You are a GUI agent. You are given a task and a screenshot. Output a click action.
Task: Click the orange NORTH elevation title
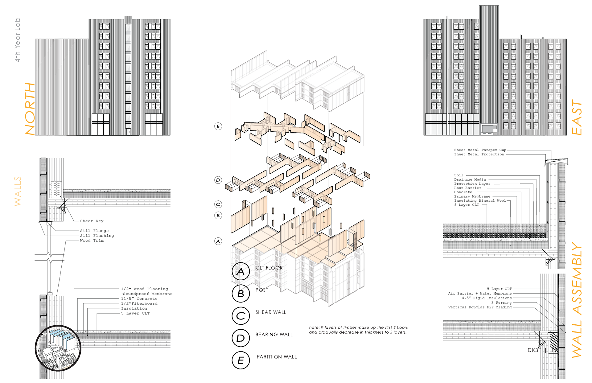(x=30, y=109)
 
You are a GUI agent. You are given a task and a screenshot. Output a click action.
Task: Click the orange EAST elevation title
(x=577, y=117)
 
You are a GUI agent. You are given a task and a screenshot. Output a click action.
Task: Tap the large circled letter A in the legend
(x=240, y=271)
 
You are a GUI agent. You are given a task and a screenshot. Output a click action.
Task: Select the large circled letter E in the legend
(x=240, y=360)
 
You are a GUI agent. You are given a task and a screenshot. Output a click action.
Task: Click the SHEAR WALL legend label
(x=271, y=312)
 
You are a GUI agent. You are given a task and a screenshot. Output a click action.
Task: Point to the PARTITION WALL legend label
(x=277, y=357)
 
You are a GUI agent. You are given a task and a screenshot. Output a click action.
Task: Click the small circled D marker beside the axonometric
(x=218, y=180)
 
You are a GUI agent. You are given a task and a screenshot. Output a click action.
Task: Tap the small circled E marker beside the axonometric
(x=218, y=126)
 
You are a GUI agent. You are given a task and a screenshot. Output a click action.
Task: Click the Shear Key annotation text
(x=92, y=221)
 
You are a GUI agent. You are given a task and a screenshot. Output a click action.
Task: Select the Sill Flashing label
(x=97, y=236)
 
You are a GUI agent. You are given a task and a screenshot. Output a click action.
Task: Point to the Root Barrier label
(x=467, y=188)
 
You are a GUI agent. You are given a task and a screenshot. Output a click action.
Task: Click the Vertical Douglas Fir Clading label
(x=480, y=307)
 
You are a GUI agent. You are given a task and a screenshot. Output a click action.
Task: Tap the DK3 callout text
(x=532, y=350)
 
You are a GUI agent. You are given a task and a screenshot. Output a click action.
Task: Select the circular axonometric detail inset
(x=58, y=348)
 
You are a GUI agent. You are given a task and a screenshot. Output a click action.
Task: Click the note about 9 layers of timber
(x=358, y=330)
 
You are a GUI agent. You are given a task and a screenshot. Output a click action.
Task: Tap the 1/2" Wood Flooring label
(x=144, y=289)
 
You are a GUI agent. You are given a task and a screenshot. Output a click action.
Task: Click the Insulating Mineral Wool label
(x=480, y=200)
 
